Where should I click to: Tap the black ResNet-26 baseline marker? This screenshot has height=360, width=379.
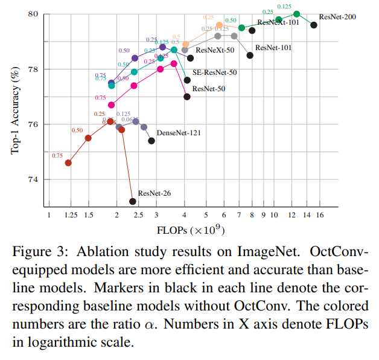coord(133,201)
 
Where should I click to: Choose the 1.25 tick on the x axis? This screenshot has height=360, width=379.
coord(70,216)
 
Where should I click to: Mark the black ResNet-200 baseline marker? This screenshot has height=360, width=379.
coord(314,25)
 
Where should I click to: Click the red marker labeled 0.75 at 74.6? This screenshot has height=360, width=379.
coord(68,162)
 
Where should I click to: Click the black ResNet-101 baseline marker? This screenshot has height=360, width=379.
coord(250,55)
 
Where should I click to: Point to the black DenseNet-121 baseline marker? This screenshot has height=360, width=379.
coord(151,141)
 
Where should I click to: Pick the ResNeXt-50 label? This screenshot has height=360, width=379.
coord(215,51)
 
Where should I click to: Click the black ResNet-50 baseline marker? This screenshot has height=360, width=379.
coord(187,97)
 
